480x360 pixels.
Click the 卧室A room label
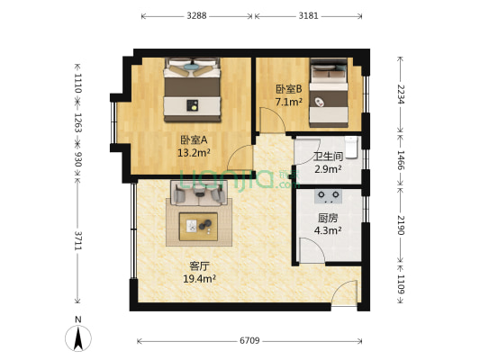tap(194, 139)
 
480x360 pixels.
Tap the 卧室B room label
tap(290, 88)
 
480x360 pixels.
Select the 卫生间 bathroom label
tap(327, 157)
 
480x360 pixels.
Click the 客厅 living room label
tap(199, 265)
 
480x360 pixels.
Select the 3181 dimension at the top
tap(308, 15)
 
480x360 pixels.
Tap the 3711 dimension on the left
tap(78, 240)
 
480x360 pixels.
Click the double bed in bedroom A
tap(192, 90)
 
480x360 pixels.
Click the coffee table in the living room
tap(198, 226)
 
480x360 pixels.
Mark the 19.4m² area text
tap(199, 278)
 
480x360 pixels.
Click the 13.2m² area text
tap(194, 152)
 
